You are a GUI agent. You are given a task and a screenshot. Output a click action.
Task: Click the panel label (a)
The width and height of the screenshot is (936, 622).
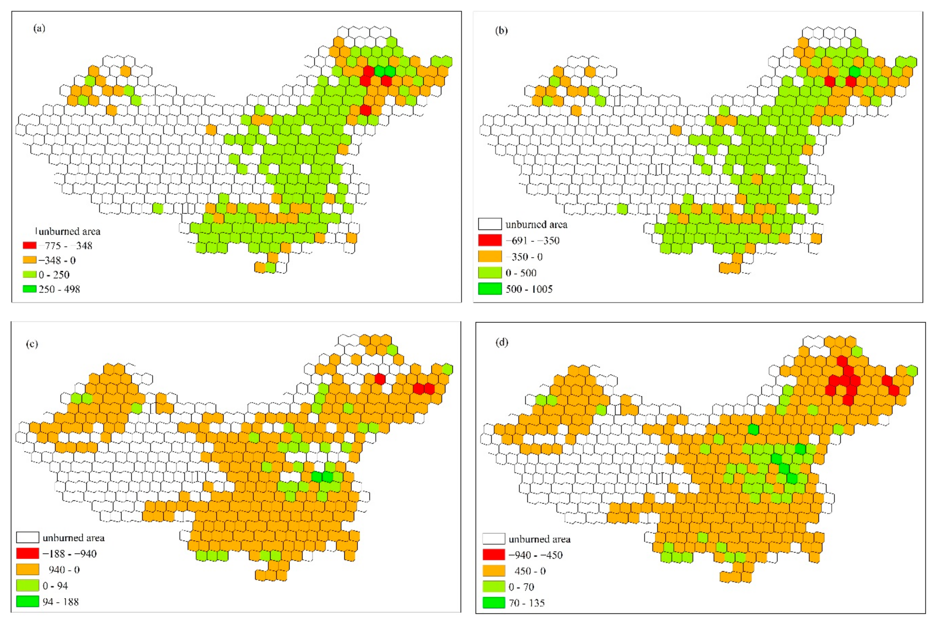[x=39, y=28]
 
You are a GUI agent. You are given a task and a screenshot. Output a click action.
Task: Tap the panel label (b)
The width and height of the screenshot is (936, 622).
[x=501, y=30]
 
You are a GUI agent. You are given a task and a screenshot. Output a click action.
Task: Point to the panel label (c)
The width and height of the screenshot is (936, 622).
[x=32, y=343]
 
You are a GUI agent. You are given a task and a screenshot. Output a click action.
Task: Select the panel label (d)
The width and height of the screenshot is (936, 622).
[x=502, y=342]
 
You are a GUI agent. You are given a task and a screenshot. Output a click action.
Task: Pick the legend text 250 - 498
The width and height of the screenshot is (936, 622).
[x=59, y=289]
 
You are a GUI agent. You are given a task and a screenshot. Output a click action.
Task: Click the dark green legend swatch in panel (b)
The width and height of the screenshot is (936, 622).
[x=490, y=289]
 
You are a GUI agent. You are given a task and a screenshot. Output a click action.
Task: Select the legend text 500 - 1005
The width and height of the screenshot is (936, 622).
[x=529, y=289]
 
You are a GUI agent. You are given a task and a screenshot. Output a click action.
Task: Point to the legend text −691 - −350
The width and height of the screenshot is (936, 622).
[x=532, y=240]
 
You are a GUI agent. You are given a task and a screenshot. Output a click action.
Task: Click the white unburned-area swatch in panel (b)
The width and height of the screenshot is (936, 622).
[x=490, y=224]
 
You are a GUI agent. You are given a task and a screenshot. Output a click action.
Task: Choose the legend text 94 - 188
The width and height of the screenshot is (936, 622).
[x=61, y=602]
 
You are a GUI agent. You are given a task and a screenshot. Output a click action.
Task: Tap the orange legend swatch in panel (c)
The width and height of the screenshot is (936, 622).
[x=27, y=569]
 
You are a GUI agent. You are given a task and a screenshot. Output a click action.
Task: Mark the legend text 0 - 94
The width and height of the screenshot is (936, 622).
[x=55, y=586]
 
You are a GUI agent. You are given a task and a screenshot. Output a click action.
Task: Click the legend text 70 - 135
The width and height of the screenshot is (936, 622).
[x=526, y=603]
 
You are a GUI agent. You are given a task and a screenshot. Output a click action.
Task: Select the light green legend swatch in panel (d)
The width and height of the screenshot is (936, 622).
[x=493, y=587]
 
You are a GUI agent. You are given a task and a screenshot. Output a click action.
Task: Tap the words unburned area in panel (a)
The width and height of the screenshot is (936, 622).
[x=69, y=231]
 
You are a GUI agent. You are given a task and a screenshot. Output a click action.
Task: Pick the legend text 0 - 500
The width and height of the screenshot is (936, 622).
[x=521, y=273]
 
